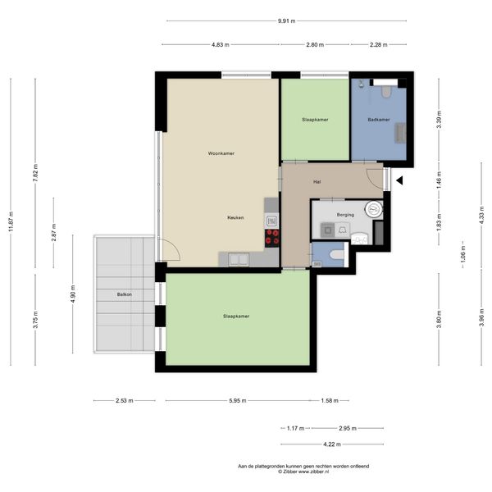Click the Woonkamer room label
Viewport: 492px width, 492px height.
click(x=221, y=153)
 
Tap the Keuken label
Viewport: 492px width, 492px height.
click(x=235, y=217)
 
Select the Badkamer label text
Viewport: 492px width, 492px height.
click(x=379, y=120)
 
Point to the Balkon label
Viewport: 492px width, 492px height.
click(x=125, y=294)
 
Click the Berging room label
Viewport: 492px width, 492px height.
click(x=345, y=215)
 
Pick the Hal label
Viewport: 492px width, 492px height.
click(x=317, y=182)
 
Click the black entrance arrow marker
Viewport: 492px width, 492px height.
click(x=399, y=180)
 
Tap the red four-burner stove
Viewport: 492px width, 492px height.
click(x=271, y=237)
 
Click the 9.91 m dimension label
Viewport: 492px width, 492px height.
click(x=286, y=21)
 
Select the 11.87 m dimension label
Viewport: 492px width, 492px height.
click(x=11, y=221)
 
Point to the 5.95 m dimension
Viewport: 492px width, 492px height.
click(x=238, y=401)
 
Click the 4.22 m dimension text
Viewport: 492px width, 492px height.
click(x=332, y=444)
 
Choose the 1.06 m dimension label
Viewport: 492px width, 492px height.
click(x=463, y=254)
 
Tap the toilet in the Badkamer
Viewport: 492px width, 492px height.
click(x=386, y=91)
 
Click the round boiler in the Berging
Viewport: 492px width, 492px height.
click(x=374, y=209)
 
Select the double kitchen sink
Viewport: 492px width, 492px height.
click(x=239, y=260)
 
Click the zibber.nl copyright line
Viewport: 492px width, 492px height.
click(x=303, y=471)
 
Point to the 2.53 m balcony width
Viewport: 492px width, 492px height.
click(x=125, y=401)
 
